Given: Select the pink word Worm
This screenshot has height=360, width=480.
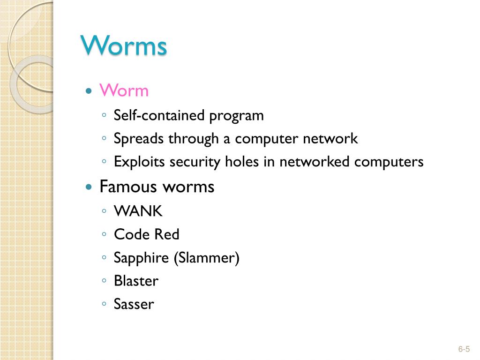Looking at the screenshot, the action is coord(124,90).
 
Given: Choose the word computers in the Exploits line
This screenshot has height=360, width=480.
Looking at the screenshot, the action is coord(389,163).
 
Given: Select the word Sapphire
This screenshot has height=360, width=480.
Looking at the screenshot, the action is coord(142,258).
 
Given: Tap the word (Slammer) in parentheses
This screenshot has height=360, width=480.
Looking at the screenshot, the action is coord(206,258).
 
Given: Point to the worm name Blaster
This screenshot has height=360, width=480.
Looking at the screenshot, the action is coord(136,281).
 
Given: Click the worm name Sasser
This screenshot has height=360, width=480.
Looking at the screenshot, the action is coord(134,305).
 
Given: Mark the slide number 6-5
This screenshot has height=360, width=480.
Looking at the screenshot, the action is coord(464,349).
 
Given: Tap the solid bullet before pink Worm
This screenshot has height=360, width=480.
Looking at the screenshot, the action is coord(89,91).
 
